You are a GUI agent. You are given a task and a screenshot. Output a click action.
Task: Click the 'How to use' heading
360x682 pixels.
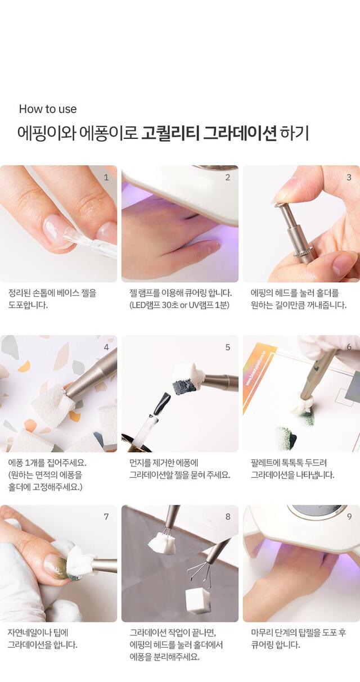(48, 109)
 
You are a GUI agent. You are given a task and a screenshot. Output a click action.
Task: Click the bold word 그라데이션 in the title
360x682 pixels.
(240, 133)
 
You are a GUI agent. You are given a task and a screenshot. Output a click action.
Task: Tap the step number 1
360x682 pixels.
(106, 177)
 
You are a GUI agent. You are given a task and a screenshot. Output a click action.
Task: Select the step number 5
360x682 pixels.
(227, 347)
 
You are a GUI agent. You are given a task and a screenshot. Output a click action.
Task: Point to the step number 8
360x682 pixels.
(227, 517)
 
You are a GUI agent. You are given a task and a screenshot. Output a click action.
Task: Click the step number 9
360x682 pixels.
(349, 517)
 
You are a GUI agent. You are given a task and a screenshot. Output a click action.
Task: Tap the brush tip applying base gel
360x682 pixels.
(71, 234)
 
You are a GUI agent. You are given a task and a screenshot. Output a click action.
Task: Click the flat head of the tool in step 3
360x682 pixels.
(281, 205)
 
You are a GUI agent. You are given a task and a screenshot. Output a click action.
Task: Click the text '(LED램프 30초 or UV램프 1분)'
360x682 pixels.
(179, 305)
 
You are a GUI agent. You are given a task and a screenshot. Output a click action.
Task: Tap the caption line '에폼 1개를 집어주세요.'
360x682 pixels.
(47, 463)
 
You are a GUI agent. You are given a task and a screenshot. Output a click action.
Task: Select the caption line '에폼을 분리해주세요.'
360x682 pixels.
(164, 657)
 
